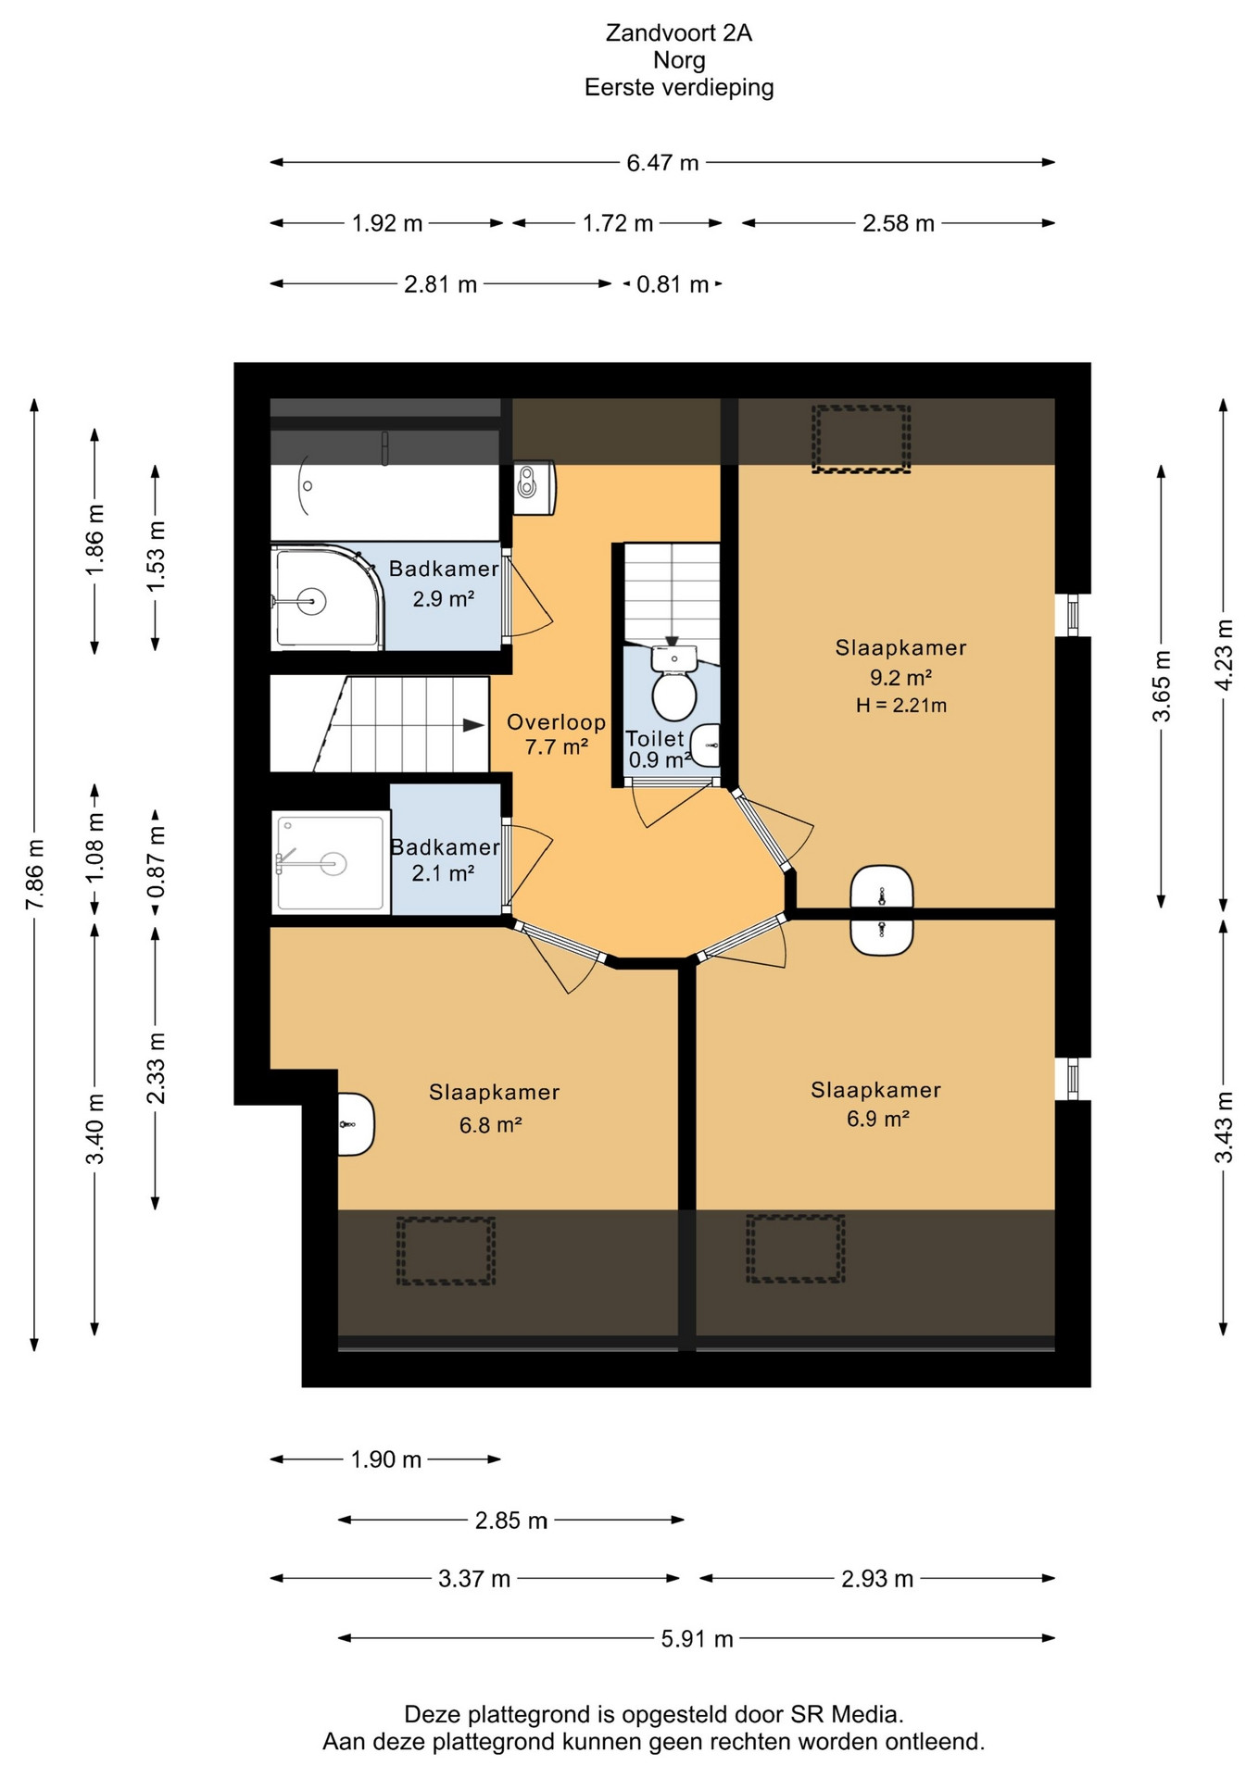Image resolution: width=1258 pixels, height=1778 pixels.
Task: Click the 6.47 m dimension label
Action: (x=662, y=163)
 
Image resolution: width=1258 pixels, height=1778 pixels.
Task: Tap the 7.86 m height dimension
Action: (x=35, y=874)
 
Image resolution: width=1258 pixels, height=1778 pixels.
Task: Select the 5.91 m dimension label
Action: (x=697, y=1639)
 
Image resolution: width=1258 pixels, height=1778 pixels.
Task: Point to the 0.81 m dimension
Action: (x=673, y=284)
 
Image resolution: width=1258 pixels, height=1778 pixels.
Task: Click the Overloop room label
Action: (x=556, y=722)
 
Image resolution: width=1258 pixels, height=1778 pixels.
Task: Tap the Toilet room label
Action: (x=655, y=738)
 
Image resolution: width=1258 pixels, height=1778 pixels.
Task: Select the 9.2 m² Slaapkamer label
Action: (x=900, y=663)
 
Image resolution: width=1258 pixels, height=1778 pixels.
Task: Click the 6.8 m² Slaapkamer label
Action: (x=494, y=1108)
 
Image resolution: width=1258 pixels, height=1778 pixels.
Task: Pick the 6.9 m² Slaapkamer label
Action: (x=875, y=1104)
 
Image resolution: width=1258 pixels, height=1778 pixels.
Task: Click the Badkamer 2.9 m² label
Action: (x=444, y=583)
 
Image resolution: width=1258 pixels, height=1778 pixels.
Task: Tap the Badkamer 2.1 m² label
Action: (x=445, y=860)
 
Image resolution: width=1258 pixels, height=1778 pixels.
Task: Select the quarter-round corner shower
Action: (x=328, y=597)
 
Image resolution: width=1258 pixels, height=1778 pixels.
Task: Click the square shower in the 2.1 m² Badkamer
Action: (x=330, y=863)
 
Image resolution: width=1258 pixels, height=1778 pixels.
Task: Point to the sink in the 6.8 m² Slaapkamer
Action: (x=355, y=1124)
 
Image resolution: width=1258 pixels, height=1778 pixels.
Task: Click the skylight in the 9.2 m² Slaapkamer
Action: (x=862, y=439)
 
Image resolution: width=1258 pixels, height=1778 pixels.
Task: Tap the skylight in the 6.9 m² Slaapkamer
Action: (x=796, y=1249)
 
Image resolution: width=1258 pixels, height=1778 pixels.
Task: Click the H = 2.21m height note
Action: (x=901, y=706)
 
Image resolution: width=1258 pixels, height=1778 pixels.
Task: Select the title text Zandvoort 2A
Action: (x=679, y=33)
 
